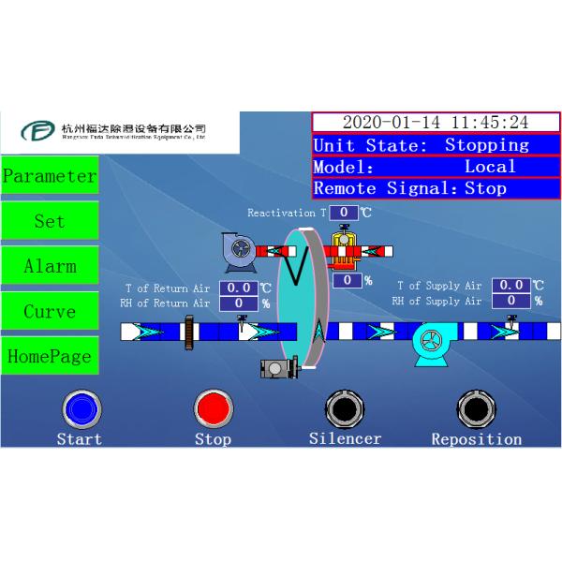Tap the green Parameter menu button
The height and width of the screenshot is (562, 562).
49,175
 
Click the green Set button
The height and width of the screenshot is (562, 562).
49,221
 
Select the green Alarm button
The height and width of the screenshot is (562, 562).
49,266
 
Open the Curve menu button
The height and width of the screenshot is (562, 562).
49,311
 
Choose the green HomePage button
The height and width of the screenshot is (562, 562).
49,356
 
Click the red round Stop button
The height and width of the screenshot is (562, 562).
213,409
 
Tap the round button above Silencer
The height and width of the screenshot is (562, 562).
344,409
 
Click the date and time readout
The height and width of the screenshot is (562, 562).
436,123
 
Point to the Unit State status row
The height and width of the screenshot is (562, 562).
436,145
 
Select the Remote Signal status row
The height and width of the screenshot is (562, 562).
436,188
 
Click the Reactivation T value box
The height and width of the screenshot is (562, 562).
345,213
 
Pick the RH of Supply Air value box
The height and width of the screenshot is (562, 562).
512,301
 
